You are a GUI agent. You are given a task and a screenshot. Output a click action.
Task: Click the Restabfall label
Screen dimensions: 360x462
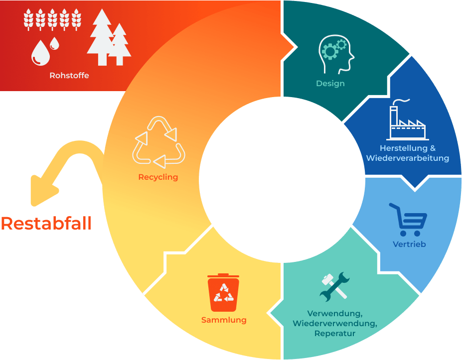pos(46,223)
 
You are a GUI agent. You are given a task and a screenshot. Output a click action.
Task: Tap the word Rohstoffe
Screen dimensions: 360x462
pos(69,76)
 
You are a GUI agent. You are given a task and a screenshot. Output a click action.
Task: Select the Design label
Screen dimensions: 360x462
pos(330,83)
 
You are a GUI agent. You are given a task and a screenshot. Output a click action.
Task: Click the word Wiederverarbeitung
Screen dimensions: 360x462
pos(407,158)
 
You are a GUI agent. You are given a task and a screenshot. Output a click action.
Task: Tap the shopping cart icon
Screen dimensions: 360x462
pos(409,220)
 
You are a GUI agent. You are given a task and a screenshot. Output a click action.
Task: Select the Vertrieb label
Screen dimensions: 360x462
pos(409,244)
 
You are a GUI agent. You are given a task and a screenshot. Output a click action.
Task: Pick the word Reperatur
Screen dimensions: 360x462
pos(335,333)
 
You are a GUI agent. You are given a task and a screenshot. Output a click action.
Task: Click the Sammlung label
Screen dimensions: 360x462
pos(224,320)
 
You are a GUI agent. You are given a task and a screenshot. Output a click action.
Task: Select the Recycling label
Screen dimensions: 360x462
pos(158,177)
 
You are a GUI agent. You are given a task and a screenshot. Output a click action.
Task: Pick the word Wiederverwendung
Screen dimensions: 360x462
pos(335,323)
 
